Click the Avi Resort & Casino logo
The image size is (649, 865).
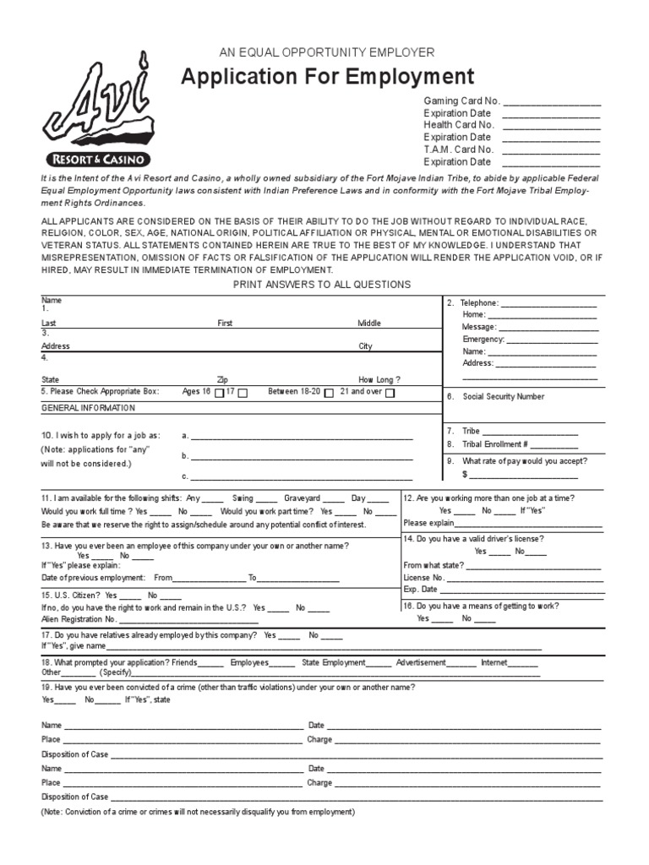point(97,111)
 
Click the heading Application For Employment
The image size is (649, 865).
point(328,78)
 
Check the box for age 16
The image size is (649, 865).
point(220,393)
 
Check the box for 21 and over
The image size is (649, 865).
point(390,393)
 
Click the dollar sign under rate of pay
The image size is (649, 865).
point(465,475)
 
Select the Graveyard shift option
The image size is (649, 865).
point(302,498)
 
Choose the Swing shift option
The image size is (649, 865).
point(243,498)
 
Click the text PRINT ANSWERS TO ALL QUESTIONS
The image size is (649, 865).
point(322,285)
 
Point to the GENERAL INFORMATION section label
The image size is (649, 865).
point(88,408)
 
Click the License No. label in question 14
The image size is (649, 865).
point(423,577)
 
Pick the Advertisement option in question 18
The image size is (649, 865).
point(420,662)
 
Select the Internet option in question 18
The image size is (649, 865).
point(494,662)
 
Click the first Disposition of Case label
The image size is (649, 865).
point(74,753)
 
